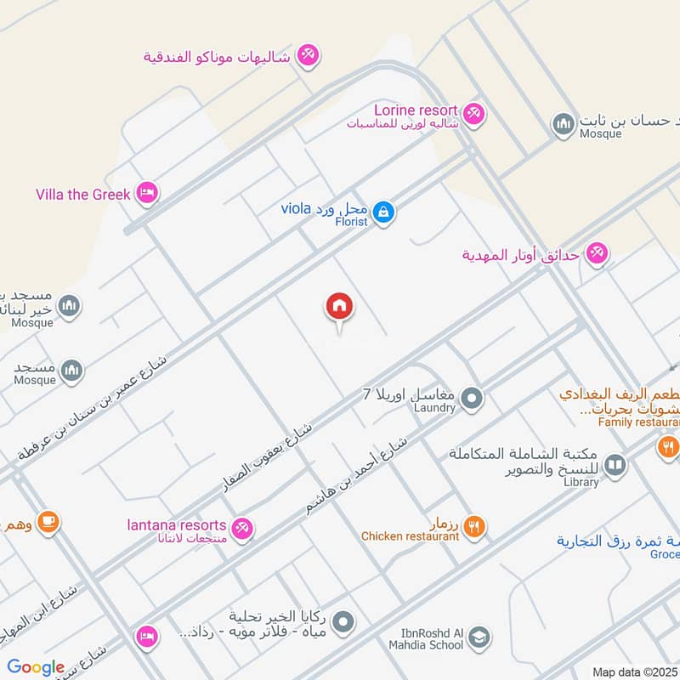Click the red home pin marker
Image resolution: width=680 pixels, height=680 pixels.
[339, 307]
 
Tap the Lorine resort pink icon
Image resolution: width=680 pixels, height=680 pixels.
[473, 112]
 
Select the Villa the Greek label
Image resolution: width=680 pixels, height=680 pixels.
[83, 195]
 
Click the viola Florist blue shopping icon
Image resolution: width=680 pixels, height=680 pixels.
[383, 211]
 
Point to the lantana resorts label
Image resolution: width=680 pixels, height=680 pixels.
[177, 525]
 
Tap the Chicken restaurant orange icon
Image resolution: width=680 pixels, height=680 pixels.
[475, 526]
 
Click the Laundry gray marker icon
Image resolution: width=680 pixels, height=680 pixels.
[473, 398]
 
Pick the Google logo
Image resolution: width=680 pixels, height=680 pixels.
[36, 667]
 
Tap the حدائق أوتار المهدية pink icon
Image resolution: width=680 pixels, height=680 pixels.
[598, 253]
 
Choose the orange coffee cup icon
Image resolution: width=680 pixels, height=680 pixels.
[48, 521]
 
